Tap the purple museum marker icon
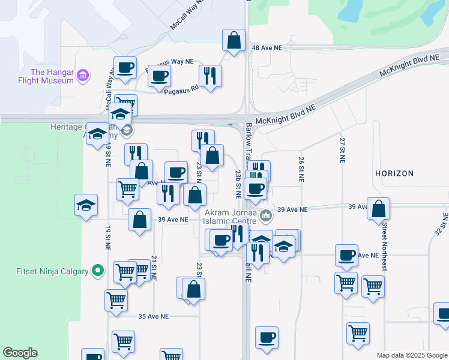coord(83,76)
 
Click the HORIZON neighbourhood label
coord(394,173)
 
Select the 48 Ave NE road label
coord(267,47)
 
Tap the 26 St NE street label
coord(301,169)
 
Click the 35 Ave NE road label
coord(154,316)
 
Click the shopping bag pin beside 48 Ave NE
coord(234,40)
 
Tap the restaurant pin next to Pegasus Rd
coord(210,76)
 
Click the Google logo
coord(20,353)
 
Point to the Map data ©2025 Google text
coord(412,355)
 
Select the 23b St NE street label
coord(238,184)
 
